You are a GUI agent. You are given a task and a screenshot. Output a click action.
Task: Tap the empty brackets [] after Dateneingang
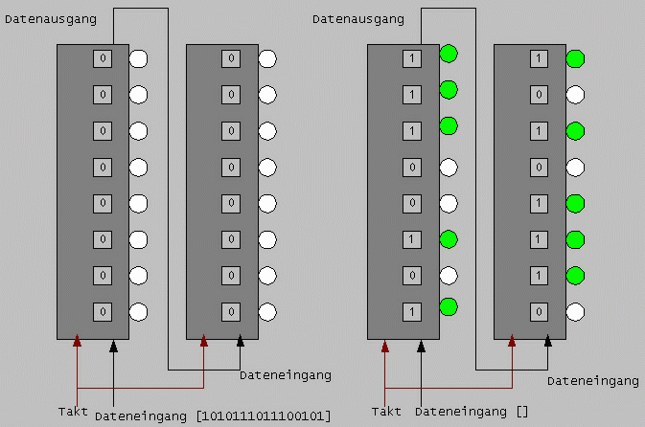521,412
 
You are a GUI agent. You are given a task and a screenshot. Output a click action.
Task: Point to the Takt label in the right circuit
386,412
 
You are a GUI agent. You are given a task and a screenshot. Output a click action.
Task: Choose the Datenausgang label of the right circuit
357,18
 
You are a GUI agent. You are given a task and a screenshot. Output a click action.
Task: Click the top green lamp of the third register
449,55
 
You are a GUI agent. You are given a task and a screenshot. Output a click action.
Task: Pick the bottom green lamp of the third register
449,307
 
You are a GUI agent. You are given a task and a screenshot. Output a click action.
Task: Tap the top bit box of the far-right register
539,58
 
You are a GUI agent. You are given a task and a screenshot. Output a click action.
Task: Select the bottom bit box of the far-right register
539,311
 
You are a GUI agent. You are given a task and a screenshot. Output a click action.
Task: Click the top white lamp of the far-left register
138,58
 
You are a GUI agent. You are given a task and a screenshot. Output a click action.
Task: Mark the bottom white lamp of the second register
267,311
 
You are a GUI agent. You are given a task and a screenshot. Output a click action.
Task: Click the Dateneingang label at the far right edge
593,381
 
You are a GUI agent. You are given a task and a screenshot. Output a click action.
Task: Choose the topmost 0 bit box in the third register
412,167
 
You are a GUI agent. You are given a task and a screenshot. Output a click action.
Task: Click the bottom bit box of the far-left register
104,311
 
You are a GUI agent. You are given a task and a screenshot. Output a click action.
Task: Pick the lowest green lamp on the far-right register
575,276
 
